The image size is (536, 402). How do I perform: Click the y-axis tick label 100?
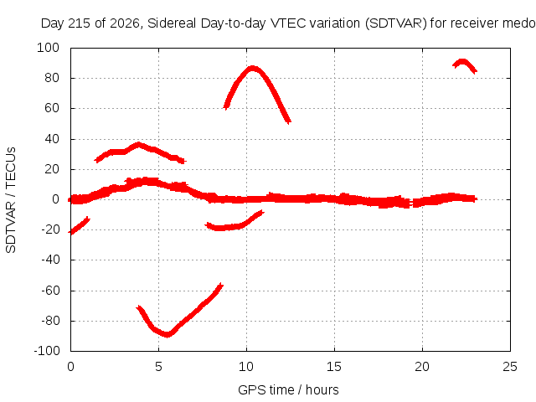pos(48,48)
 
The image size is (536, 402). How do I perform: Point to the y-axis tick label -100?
pos(47,351)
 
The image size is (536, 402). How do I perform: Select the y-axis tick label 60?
pos(52,108)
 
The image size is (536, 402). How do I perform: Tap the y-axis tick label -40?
pos(50,260)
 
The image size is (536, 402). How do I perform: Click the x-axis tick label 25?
pos(510,367)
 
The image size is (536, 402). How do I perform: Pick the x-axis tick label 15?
pos(334,367)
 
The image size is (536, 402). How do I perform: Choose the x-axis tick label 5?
pos(158,367)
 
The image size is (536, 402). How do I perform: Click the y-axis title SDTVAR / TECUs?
pos(11,199)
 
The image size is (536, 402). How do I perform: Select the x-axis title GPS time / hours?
pos(288,390)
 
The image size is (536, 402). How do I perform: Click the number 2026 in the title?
pos(125,23)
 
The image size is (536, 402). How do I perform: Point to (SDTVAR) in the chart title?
pos(396,23)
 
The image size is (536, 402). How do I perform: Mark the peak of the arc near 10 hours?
pos(252,69)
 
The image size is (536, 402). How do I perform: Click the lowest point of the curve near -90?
pos(167,334)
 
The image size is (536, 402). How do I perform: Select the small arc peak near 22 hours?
pos(462,62)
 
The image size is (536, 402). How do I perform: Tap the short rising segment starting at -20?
pos(80,225)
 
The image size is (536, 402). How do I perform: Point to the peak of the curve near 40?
pos(138,144)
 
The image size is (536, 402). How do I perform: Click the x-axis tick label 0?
pos(70,367)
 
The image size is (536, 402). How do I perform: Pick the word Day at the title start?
pos(52,23)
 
